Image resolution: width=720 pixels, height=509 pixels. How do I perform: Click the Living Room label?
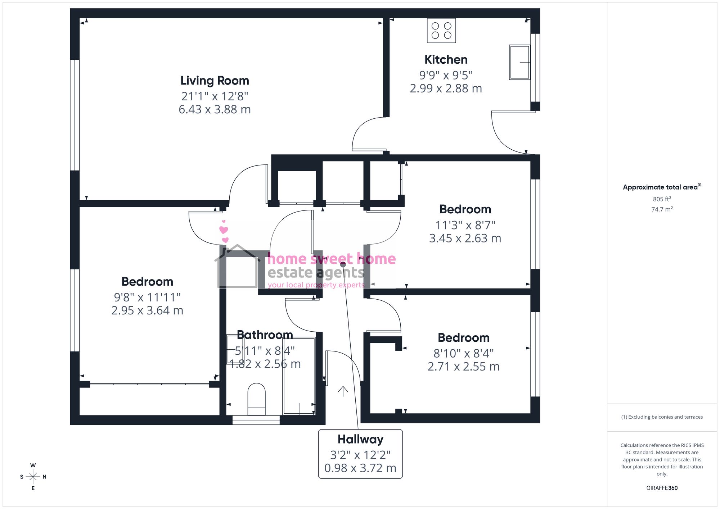click(x=215, y=81)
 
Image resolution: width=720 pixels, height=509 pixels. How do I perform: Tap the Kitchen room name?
click(x=446, y=59)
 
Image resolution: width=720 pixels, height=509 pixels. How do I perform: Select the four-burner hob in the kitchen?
click(x=441, y=31)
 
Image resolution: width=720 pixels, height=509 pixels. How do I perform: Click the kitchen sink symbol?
click(x=519, y=62)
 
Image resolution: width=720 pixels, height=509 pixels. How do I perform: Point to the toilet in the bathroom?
click(x=257, y=399)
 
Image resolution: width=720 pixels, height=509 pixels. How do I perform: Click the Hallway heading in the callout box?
click(x=360, y=439)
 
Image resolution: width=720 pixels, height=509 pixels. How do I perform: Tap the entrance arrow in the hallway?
click(x=343, y=391)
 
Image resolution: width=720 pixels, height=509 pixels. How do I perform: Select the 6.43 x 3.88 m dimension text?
click(x=215, y=109)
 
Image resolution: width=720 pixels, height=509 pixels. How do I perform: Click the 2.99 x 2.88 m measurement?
click(x=446, y=88)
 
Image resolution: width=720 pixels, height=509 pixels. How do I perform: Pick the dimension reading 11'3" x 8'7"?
click(x=465, y=225)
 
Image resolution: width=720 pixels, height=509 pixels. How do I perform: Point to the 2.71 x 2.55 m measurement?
click(x=464, y=367)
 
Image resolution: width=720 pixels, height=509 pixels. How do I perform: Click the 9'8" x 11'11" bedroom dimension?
click(x=147, y=297)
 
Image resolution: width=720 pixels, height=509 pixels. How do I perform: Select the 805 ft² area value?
click(x=662, y=199)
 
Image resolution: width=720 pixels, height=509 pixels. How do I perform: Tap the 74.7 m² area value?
click(x=662, y=209)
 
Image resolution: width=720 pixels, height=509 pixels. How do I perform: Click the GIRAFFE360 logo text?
click(x=662, y=488)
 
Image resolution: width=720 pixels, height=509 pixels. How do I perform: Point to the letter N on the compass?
click(x=45, y=477)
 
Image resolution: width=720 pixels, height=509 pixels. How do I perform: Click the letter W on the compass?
click(x=33, y=465)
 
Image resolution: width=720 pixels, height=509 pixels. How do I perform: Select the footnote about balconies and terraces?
click(x=662, y=417)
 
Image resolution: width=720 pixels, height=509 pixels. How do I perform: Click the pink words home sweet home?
click(x=332, y=259)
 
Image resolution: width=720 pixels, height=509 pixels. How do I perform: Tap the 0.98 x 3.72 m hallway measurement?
click(x=360, y=468)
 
